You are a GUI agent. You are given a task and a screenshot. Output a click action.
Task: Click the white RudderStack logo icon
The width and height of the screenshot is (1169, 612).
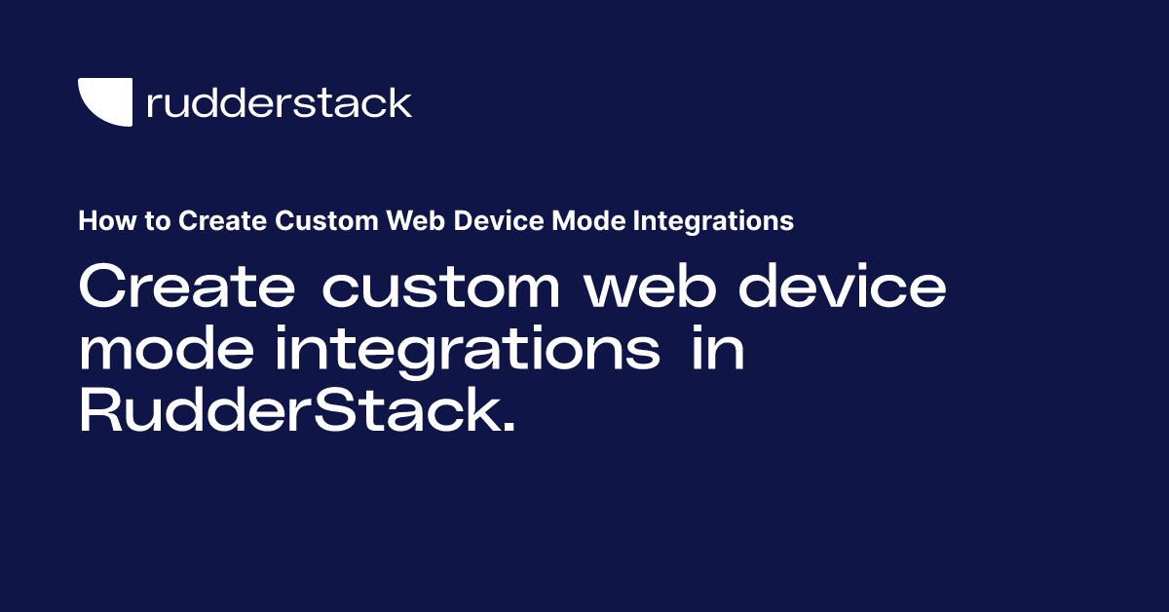(x=104, y=101)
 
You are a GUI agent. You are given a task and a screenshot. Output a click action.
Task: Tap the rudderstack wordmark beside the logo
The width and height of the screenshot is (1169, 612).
(x=279, y=102)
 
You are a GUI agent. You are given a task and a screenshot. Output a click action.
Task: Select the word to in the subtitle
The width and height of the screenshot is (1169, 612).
(x=156, y=222)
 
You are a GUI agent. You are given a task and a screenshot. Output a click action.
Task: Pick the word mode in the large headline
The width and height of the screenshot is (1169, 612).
(x=168, y=351)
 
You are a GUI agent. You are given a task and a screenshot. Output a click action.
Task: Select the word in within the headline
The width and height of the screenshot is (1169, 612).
(x=718, y=351)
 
